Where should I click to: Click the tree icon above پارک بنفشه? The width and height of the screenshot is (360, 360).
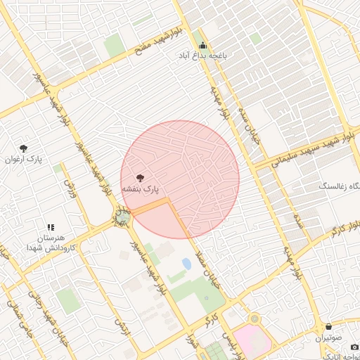coord(141,178)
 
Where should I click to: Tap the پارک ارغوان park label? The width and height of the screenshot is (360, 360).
coord(25,160)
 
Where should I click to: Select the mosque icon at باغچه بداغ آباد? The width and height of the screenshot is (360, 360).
coord(203,46)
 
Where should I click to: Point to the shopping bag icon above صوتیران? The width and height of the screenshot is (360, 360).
coord(329,326)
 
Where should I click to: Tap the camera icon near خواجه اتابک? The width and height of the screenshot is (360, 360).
coord(354,347)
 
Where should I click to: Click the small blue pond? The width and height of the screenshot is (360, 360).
coord(186,264)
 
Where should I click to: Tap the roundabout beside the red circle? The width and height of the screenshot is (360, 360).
coord(123,217)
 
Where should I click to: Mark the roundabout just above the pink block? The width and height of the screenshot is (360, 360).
coord(254,319)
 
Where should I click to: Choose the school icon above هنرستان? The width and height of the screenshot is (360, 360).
coord(51,227)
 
